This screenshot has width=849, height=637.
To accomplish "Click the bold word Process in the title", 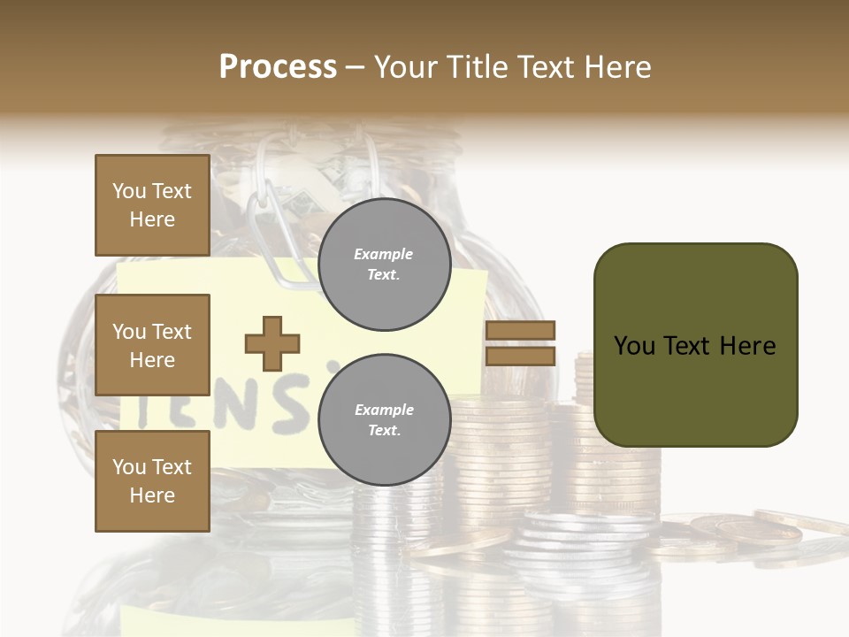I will [278, 67].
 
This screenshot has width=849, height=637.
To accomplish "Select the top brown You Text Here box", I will [152, 205].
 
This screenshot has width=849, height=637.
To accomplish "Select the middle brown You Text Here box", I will [152, 345].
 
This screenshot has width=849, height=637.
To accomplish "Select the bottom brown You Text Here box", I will [152, 480].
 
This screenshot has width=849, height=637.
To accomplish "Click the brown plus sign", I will [272, 343].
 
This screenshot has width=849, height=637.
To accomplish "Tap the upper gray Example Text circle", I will [384, 265].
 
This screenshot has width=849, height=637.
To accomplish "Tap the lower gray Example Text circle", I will [384, 419].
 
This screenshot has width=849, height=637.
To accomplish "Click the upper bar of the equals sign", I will [520, 330].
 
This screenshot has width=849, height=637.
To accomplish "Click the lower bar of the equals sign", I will [520, 356].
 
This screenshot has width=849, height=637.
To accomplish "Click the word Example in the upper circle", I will [383, 254].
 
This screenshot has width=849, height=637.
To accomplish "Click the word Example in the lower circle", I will [384, 410].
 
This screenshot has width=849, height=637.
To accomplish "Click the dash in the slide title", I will [356, 68].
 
